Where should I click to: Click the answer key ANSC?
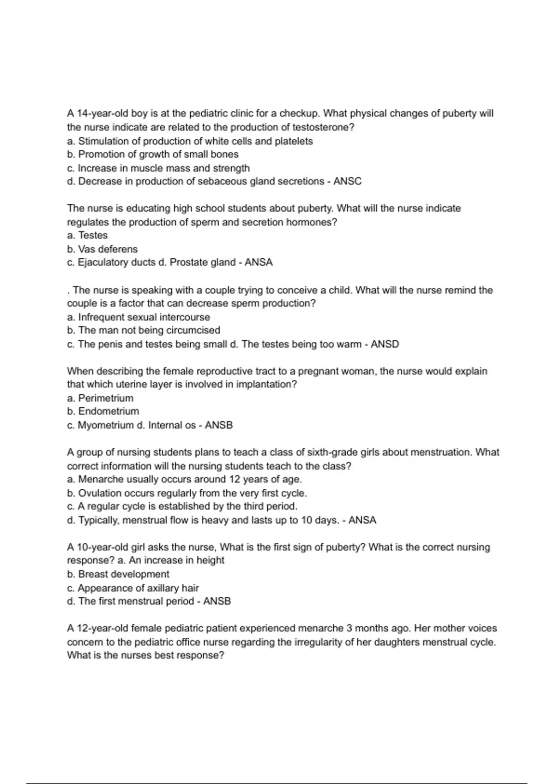pos(347,181)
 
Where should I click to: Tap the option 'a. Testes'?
pos(87,235)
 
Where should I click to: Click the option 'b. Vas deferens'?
pos(102,249)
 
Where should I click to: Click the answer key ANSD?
pos(385,344)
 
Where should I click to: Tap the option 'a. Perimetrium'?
pos(100,398)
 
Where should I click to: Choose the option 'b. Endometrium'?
pos(103,411)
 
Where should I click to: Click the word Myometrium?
pos(105,425)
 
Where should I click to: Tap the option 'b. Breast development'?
pos(118,574)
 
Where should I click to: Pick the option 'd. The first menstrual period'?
pos(131,601)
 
